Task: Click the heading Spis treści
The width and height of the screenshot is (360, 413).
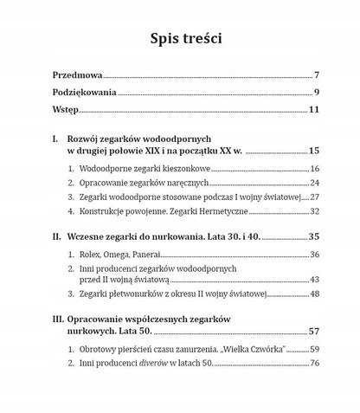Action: tap(179, 39)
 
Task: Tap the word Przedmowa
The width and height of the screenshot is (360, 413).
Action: tap(78, 75)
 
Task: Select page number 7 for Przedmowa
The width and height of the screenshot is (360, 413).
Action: tap(318, 75)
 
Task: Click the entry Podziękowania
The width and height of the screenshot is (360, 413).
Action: tap(84, 93)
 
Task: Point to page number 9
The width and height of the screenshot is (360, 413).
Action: tap(318, 93)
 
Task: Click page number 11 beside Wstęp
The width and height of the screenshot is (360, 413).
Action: tap(315, 110)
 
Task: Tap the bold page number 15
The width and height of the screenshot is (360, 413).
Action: tap(315, 152)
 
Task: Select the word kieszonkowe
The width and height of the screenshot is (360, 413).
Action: tap(180, 168)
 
